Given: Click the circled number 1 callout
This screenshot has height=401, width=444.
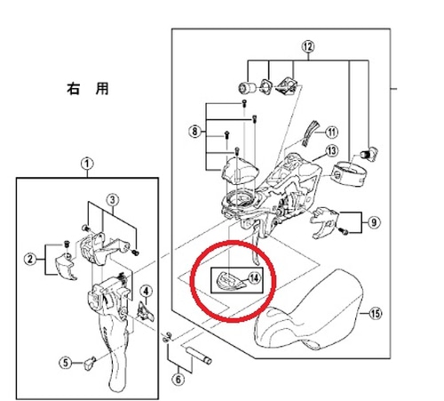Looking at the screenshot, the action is click(87, 164).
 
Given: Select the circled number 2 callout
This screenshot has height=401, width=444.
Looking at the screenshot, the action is click(30, 260).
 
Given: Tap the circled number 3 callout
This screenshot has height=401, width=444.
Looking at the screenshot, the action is click(113, 200).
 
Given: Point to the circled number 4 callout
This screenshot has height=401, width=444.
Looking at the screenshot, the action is click(146, 292).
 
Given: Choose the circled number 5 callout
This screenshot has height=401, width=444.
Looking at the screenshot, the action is click(66, 363).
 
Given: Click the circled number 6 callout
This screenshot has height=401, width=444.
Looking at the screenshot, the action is click(178, 379).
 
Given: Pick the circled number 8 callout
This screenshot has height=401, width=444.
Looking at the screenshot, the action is click(194, 131).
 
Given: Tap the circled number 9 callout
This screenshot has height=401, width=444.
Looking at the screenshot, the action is click(374, 222).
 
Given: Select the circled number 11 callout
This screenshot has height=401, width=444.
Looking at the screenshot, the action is click(331, 132).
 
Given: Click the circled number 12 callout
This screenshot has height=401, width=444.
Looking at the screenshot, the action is click(308, 47).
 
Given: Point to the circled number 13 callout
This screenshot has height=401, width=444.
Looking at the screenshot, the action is click(332, 151).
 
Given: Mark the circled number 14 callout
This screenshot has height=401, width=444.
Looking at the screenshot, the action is click(254, 278).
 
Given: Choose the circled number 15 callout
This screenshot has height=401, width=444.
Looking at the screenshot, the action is click(375, 313).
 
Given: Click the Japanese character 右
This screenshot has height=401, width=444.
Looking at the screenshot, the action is click(74, 89).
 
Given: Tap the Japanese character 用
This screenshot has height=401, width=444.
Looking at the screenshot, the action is click(102, 89).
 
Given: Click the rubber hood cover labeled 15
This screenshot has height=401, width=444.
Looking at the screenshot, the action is click(308, 311).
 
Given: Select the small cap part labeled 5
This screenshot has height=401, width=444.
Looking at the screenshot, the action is click(90, 363).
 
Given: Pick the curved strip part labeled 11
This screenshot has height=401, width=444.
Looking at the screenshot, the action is click(310, 132).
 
